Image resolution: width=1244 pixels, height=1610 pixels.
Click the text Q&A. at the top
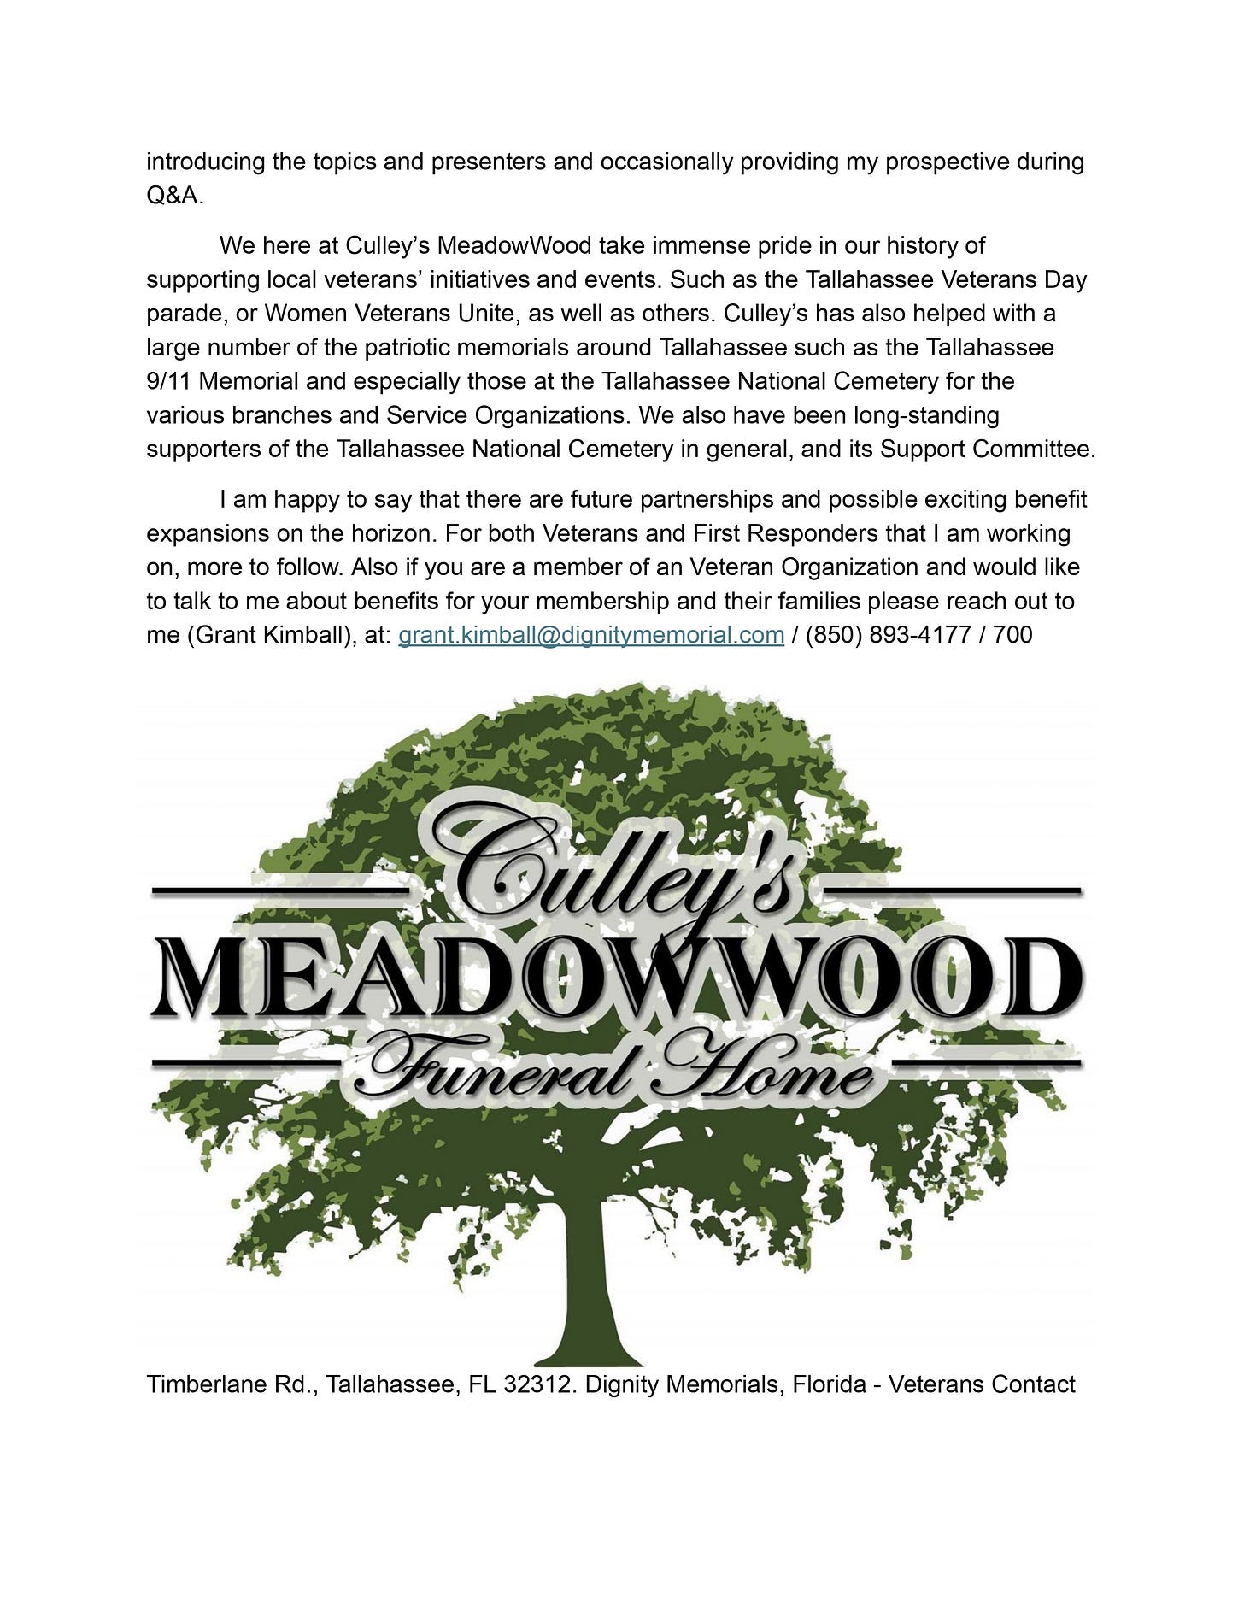[175, 196]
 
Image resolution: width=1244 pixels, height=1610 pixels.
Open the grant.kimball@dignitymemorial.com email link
[591, 635]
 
